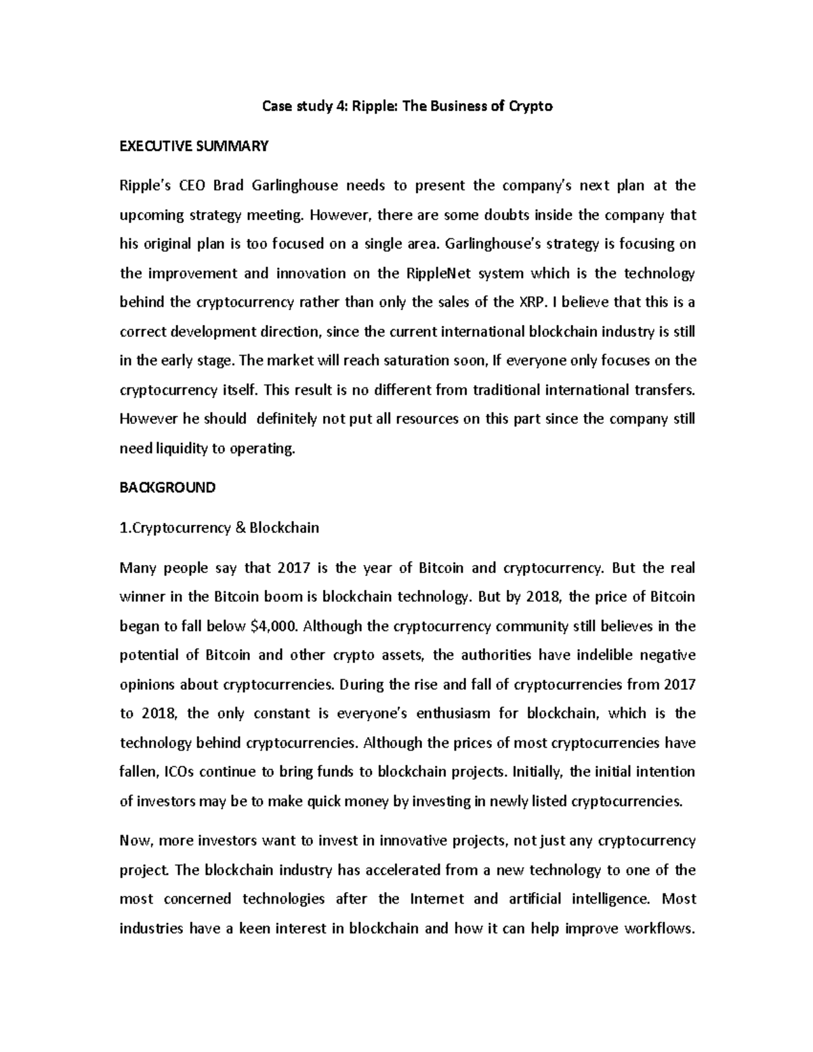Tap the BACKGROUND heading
pos(167,487)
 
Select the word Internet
pos(437,899)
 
